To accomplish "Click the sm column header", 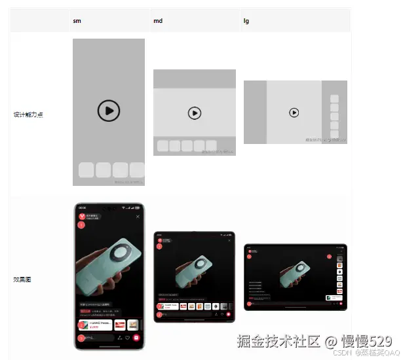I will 77,22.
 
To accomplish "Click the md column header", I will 158,22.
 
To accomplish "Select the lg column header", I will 246,22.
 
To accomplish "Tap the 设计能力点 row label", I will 28,115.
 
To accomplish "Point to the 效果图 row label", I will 22,279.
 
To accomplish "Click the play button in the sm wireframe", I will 109,111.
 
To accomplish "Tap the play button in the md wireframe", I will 194,113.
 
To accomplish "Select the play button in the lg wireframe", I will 294,113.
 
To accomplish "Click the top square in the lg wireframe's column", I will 334,99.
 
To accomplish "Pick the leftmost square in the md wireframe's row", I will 163,146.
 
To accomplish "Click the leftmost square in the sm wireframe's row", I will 86,170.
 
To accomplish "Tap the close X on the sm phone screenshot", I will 138,216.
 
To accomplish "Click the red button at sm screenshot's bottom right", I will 136,338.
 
